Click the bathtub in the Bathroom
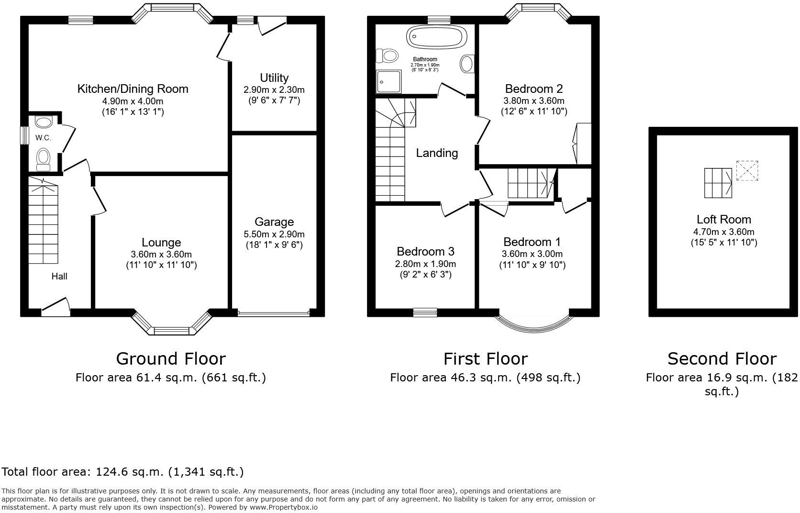(x=435, y=37)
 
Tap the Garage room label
(x=274, y=222)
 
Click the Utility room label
(x=274, y=78)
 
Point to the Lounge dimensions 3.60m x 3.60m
(x=161, y=255)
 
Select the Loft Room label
(x=723, y=220)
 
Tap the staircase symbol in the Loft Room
(x=718, y=183)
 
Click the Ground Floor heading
(x=171, y=358)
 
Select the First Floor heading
(x=485, y=358)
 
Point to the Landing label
(x=437, y=153)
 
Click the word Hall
(x=59, y=277)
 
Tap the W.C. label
(x=43, y=138)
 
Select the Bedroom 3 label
(x=425, y=252)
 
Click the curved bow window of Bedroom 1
(x=533, y=325)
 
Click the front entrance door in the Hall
(x=56, y=307)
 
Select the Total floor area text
(x=123, y=472)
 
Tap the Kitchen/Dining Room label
(x=133, y=89)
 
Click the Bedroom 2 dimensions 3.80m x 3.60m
(x=533, y=101)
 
